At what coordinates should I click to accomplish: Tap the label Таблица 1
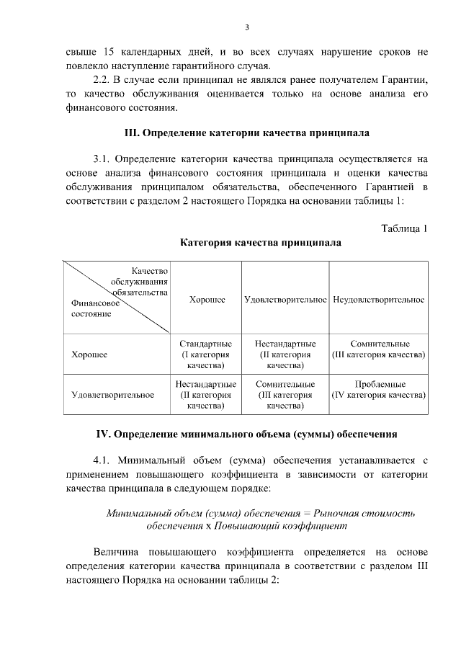click(x=404, y=229)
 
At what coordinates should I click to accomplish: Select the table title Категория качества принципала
click(x=261, y=243)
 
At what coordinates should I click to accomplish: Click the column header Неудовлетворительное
click(x=379, y=299)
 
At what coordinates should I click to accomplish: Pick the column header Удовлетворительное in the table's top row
click(x=285, y=299)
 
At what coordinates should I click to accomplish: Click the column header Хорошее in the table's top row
click(x=207, y=299)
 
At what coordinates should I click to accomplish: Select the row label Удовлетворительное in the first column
click(x=112, y=395)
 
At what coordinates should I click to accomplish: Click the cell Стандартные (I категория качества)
click(x=206, y=354)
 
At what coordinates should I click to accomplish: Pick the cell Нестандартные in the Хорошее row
click(x=285, y=354)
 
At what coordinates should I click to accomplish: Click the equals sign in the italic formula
click(x=306, y=513)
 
